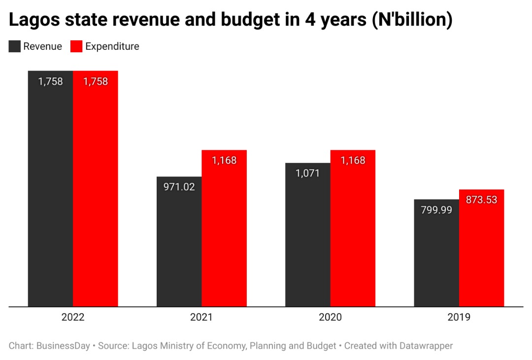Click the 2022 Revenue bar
pos(50,197)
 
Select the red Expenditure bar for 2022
pos(96,197)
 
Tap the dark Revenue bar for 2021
pos(179,246)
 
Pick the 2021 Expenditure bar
pos(224,231)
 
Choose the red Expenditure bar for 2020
pos(353,231)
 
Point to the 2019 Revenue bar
pos(436,256)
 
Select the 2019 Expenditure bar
pos(481,251)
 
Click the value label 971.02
pos(179,187)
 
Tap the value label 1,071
pos(308,173)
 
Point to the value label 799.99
pos(436,210)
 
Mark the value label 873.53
pos(481,200)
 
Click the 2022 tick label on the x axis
pos(73,317)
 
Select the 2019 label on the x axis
pos(459,317)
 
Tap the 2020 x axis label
pos(330,317)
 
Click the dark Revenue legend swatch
pos(15,46)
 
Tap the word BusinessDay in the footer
pos(63,346)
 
